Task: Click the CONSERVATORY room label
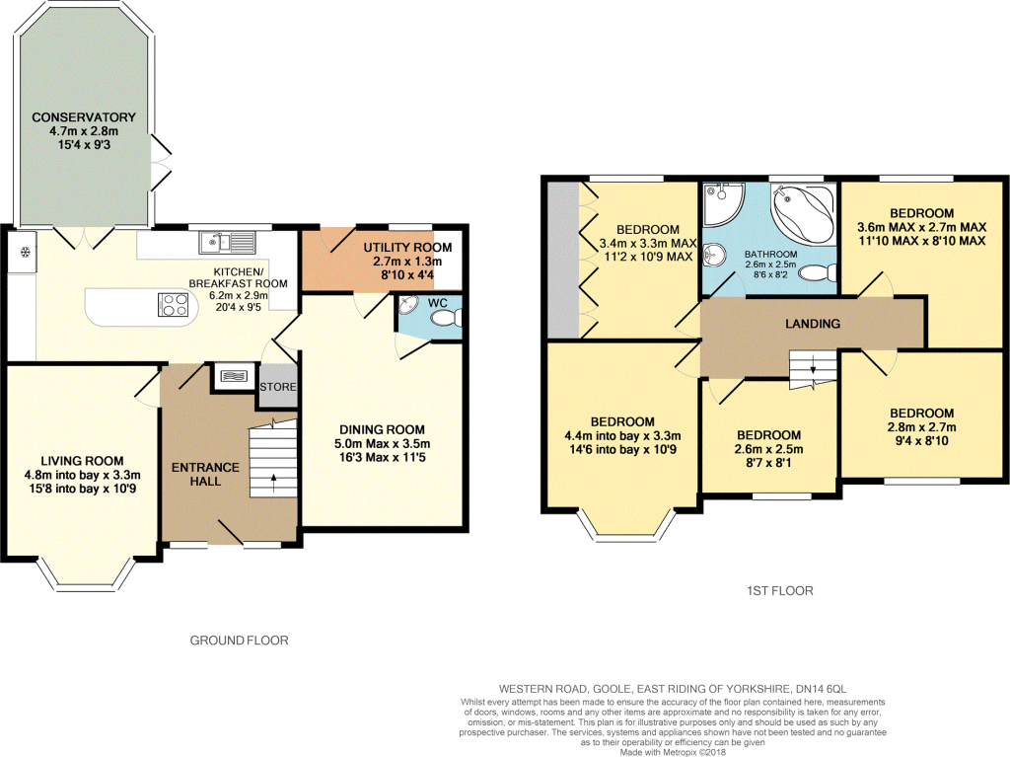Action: pyautogui.click(x=84, y=117)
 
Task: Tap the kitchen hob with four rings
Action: pyautogui.click(x=174, y=305)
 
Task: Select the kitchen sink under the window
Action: pyautogui.click(x=228, y=242)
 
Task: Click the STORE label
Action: pyautogui.click(x=278, y=387)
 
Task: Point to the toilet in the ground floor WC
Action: pyautogui.click(x=447, y=318)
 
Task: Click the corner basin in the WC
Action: pyautogui.click(x=407, y=305)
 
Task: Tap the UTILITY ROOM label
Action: pyautogui.click(x=407, y=248)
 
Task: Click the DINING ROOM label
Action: pyautogui.click(x=382, y=429)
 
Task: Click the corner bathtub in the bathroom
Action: pyautogui.click(x=804, y=213)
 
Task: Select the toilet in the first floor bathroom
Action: pyautogui.click(x=818, y=273)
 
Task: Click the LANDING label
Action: pyautogui.click(x=813, y=324)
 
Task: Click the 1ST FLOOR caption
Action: pyautogui.click(x=780, y=590)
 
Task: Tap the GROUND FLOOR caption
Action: pyautogui.click(x=239, y=641)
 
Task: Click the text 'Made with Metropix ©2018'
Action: pyautogui.click(x=673, y=752)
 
